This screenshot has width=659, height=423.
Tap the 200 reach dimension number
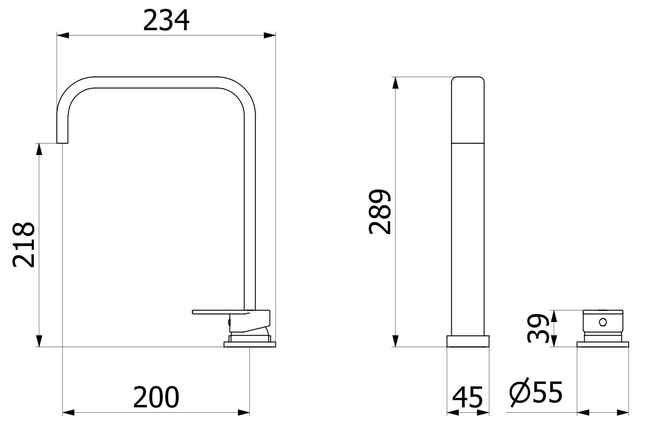tap(156, 397)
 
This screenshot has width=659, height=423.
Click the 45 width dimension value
tap(467, 398)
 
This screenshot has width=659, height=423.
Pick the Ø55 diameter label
tap(536, 392)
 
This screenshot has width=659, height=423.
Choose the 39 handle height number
tap(538, 329)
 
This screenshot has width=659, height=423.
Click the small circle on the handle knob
tap(603, 321)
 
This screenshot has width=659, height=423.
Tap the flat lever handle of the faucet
tap(219, 312)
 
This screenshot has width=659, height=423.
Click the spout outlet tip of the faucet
tap(62, 141)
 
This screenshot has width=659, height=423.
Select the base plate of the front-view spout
tap(468, 341)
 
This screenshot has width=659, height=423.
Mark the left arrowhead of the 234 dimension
tap(62, 35)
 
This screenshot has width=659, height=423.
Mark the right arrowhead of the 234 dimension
tap(270, 35)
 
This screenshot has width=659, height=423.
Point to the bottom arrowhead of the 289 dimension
tap(396, 341)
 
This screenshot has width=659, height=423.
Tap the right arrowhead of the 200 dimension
tap(244, 412)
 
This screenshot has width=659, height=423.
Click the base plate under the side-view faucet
tap(249, 344)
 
